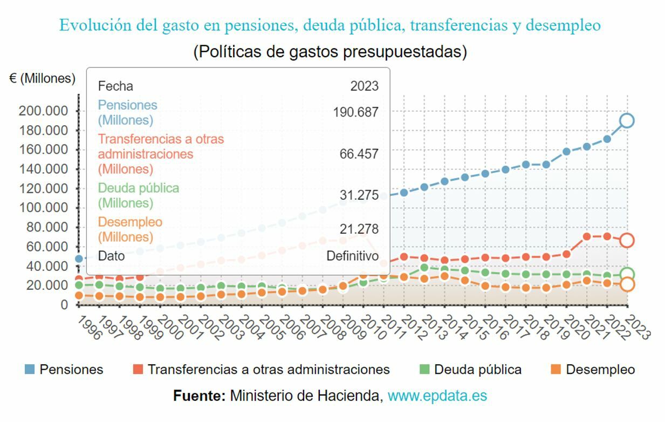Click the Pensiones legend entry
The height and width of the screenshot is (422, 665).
point(64,370)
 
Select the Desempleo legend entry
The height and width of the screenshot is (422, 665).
point(593,370)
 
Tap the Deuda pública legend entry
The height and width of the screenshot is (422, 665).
point(471,370)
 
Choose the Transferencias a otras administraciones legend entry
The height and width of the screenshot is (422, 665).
point(262,370)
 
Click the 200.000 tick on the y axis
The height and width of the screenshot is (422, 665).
point(43,111)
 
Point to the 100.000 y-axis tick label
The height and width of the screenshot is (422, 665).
point(43,208)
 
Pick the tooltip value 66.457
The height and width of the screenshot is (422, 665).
point(359,154)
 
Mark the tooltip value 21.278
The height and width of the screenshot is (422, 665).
point(359,229)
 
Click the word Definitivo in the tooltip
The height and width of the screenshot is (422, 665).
point(352,256)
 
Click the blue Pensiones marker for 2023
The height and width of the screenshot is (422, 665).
point(627,120)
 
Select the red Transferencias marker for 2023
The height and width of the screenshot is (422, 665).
point(627,240)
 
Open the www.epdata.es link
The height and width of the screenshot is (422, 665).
point(437,396)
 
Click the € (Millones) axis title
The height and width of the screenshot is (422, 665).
point(43,78)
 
